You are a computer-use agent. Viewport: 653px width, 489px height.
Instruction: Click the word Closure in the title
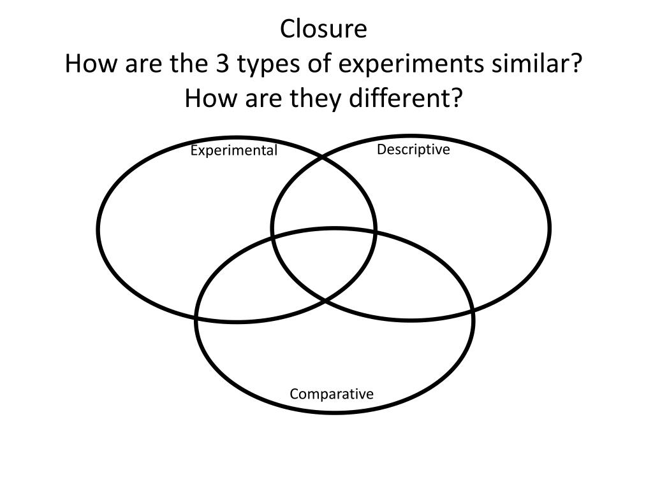(325, 29)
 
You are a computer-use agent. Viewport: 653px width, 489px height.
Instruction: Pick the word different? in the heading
(411, 99)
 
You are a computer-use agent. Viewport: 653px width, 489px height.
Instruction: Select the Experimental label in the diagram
(234, 150)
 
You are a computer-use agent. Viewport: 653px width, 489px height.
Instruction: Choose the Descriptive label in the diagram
(413, 150)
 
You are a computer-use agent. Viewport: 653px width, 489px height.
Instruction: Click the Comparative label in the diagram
(332, 394)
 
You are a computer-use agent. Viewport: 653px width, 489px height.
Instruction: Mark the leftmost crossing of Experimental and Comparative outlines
(197, 316)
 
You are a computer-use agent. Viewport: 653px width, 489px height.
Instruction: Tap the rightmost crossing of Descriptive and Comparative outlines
(473, 311)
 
